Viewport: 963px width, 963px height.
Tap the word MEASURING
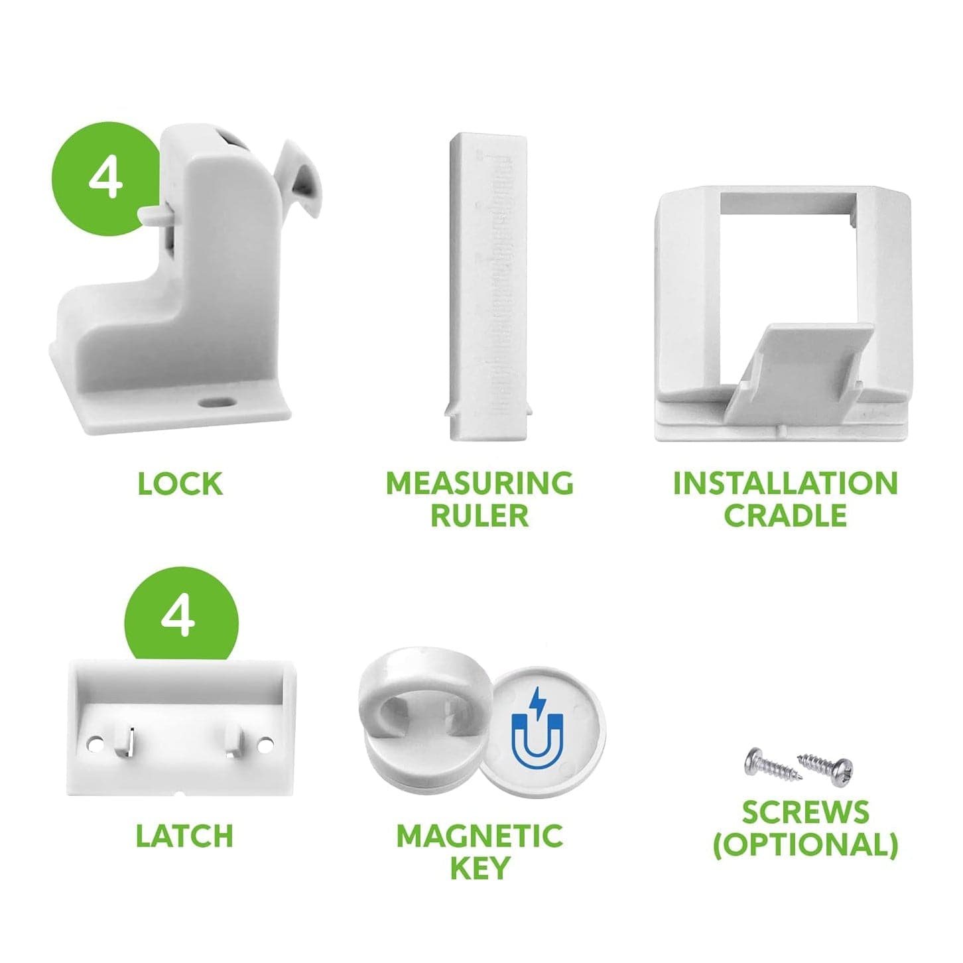coord(480,483)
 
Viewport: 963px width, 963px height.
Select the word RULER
coord(480,516)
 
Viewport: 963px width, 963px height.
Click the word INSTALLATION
coord(786,483)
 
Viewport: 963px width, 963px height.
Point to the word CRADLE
coord(786,516)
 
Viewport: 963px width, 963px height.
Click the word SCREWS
coord(806,812)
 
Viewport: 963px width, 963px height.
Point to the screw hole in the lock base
coord(216,402)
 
